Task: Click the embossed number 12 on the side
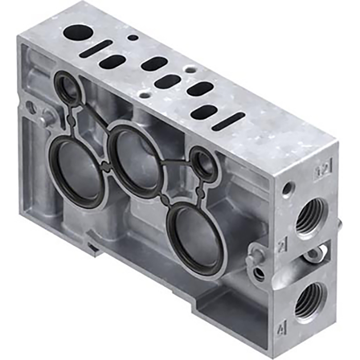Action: (323, 168)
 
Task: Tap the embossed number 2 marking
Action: (281, 246)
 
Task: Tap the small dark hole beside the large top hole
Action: (133, 38)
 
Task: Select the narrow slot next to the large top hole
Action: (98, 47)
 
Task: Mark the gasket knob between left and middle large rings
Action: (106, 166)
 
